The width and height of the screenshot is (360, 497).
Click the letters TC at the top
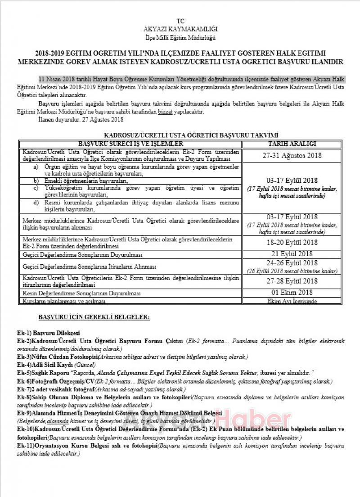pyautogui.click(x=180, y=21)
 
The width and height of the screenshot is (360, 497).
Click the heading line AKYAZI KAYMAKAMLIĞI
pyautogui.click(x=180, y=28)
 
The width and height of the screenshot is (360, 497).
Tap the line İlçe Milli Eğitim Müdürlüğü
pyautogui.click(x=180, y=36)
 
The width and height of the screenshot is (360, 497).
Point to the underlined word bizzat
pyautogui.click(x=165, y=112)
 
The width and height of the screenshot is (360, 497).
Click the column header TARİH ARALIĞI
pyautogui.click(x=292, y=144)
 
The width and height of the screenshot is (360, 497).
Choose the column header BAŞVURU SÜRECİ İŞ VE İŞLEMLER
pyautogui.click(x=130, y=144)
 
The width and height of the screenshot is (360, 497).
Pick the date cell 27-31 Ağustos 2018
pyautogui.click(x=292, y=155)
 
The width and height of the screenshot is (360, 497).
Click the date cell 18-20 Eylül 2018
pyautogui.click(x=292, y=243)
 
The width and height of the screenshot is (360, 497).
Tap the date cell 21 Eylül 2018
pyautogui.click(x=292, y=254)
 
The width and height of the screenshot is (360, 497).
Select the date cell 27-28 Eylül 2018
pyautogui.click(x=292, y=281)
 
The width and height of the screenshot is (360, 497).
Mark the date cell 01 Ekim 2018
pyautogui.click(x=292, y=293)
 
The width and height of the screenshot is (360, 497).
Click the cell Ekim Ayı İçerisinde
pyautogui.click(x=292, y=301)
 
